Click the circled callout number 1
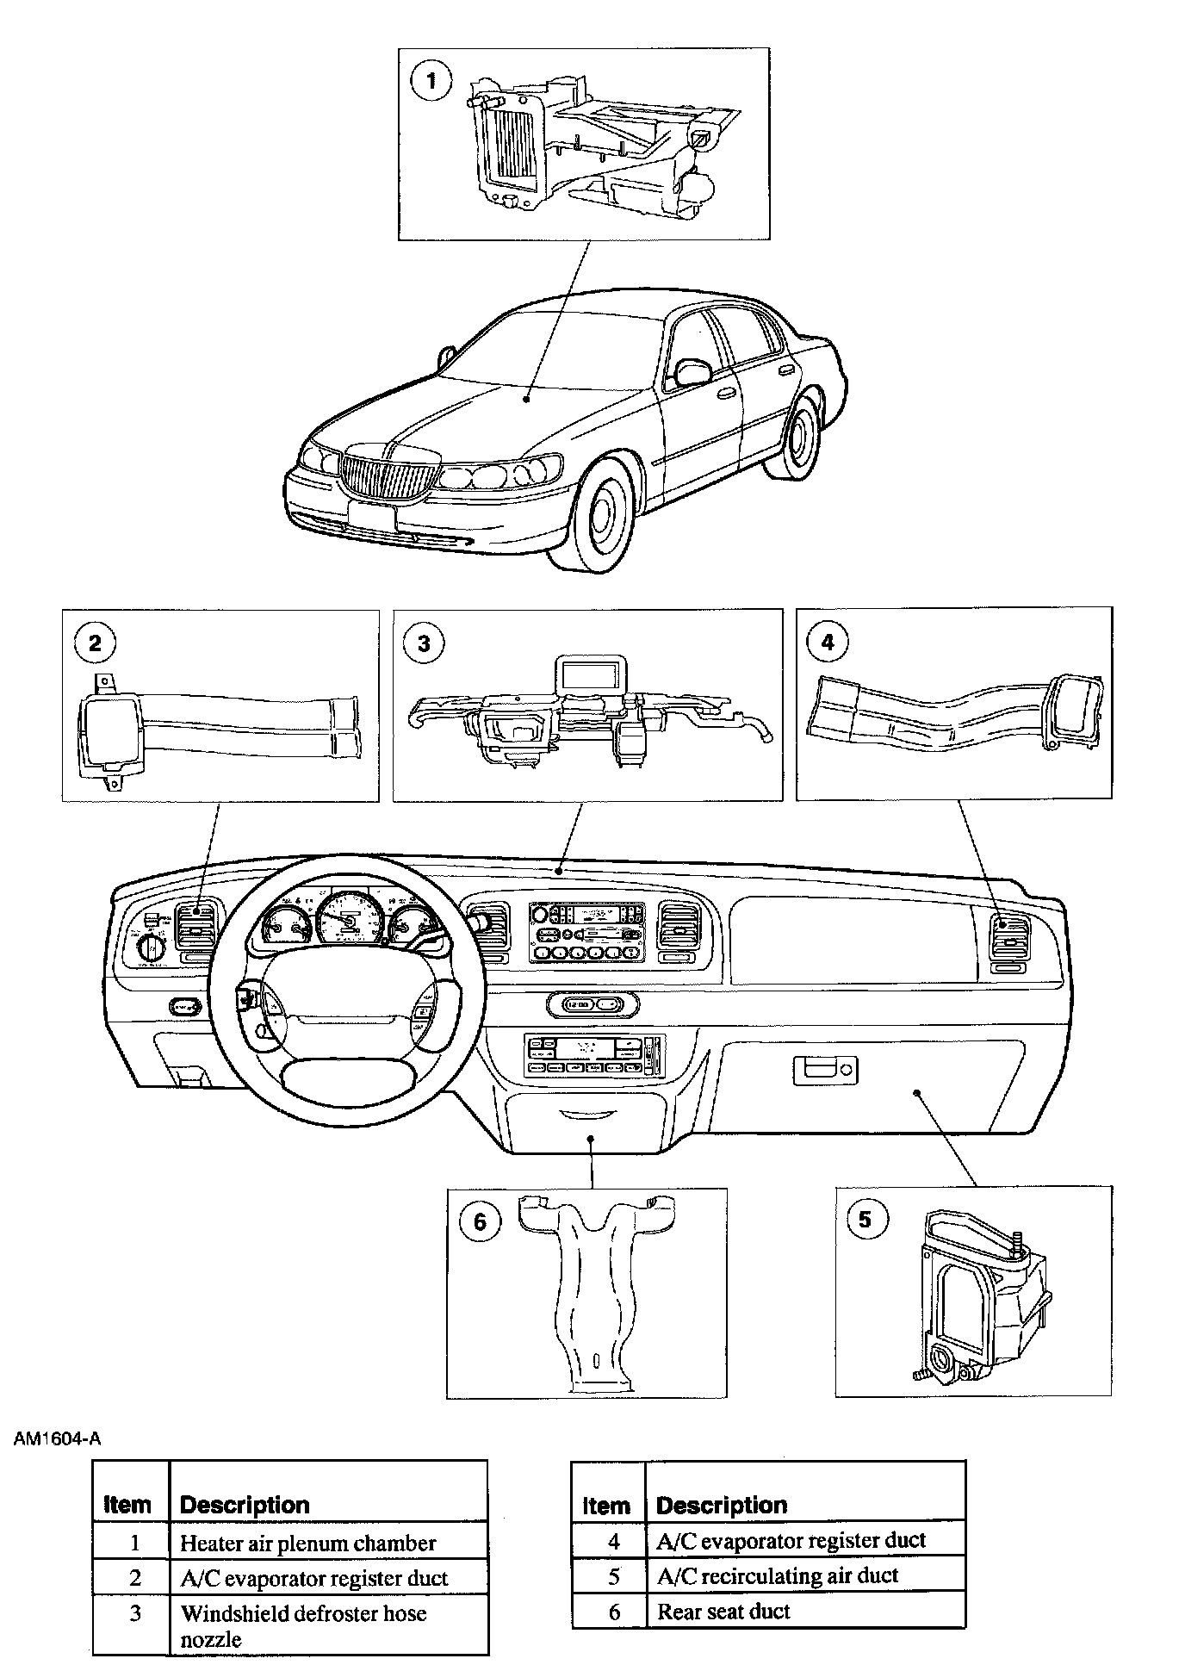[x=431, y=82]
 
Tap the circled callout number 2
[x=95, y=643]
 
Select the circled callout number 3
[x=424, y=643]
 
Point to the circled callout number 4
[x=828, y=642]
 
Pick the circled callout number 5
[x=865, y=1219]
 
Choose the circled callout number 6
[x=480, y=1221]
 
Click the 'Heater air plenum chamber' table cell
[x=307, y=1544]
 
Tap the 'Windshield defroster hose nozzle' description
[x=303, y=1625]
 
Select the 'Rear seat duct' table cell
[x=723, y=1612]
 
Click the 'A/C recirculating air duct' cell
[x=777, y=1576]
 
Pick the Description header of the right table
[x=722, y=1505]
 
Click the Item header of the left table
[x=127, y=1505]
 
